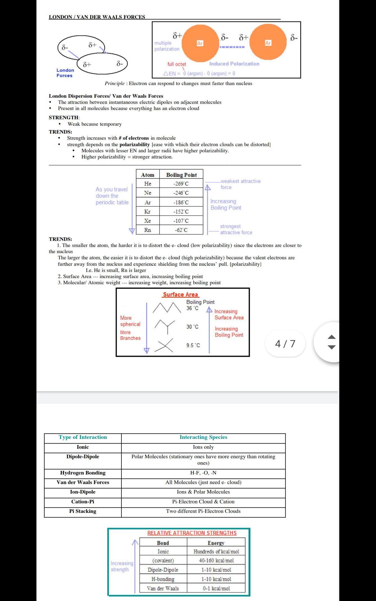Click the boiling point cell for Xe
[181, 221]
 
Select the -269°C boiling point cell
[181, 184]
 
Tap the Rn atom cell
[147, 230]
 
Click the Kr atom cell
[147, 211]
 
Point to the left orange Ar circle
[200, 43]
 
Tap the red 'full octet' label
[177, 64]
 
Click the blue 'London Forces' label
[65, 73]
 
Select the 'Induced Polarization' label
[234, 64]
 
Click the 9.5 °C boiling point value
[193, 345]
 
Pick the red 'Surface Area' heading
[181, 294]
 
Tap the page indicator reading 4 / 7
[285, 343]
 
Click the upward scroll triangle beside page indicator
[331, 337]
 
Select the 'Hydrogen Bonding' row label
[83, 473]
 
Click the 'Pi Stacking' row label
[83, 511]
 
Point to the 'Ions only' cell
[203, 447]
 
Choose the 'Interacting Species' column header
[203, 437]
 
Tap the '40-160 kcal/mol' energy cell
[216, 560]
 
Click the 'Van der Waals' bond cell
[163, 588]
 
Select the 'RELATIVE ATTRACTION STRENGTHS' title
[192, 533]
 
